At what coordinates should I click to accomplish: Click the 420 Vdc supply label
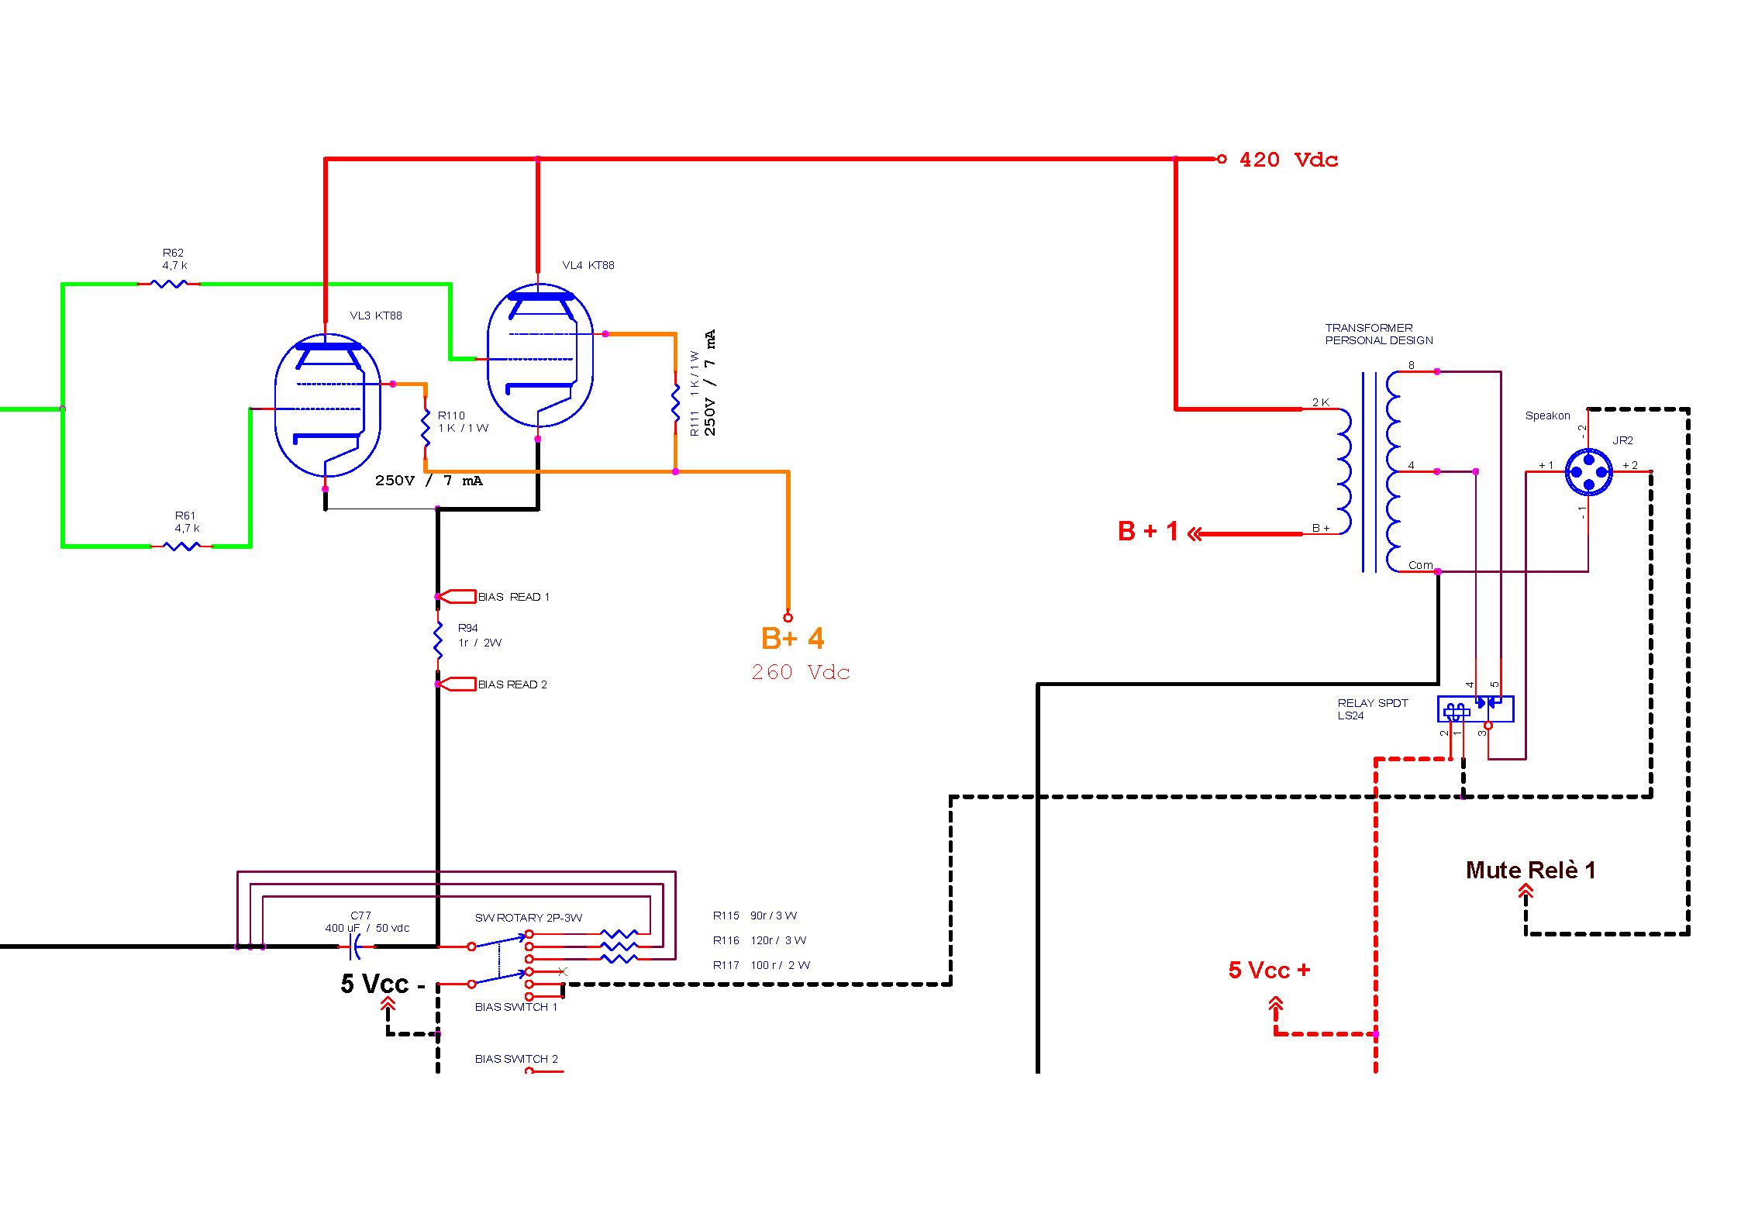[x=1288, y=160]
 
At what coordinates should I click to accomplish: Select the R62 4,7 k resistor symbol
[x=169, y=284]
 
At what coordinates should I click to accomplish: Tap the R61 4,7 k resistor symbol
[x=181, y=547]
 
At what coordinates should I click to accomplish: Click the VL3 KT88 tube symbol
[x=328, y=405]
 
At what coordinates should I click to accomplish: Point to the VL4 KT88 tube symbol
[x=540, y=355]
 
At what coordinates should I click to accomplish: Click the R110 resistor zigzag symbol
[x=426, y=427]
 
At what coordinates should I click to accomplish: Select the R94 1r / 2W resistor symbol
[x=438, y=640]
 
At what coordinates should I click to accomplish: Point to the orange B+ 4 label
[x=793, y=638]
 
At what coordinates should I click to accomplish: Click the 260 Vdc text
[x=801, y=672]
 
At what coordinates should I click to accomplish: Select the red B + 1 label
[x=1148, y=531]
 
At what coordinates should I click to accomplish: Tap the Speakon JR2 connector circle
[x=1588, y=471]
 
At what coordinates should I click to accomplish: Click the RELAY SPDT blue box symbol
[x=1475, y=709]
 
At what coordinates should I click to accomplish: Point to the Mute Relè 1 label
[x=1530, y=870]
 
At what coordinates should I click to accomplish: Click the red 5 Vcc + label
[x=1269, y=970]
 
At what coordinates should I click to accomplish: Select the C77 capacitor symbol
[x=356, y=947]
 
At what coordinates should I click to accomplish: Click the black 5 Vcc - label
[x=383, y=984]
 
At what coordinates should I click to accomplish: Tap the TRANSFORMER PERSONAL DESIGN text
[x=1379, y=334]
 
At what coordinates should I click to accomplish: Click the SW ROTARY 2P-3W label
[x=529, y=918]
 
